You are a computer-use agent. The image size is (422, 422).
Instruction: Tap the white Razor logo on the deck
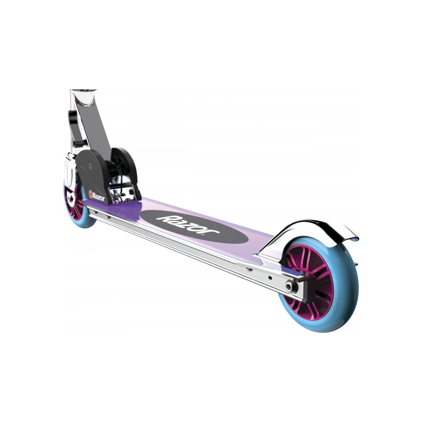pyautogui.click(x=188, y=224)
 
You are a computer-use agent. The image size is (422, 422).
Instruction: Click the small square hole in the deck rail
pyautogui.click(x=270, y=277)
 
